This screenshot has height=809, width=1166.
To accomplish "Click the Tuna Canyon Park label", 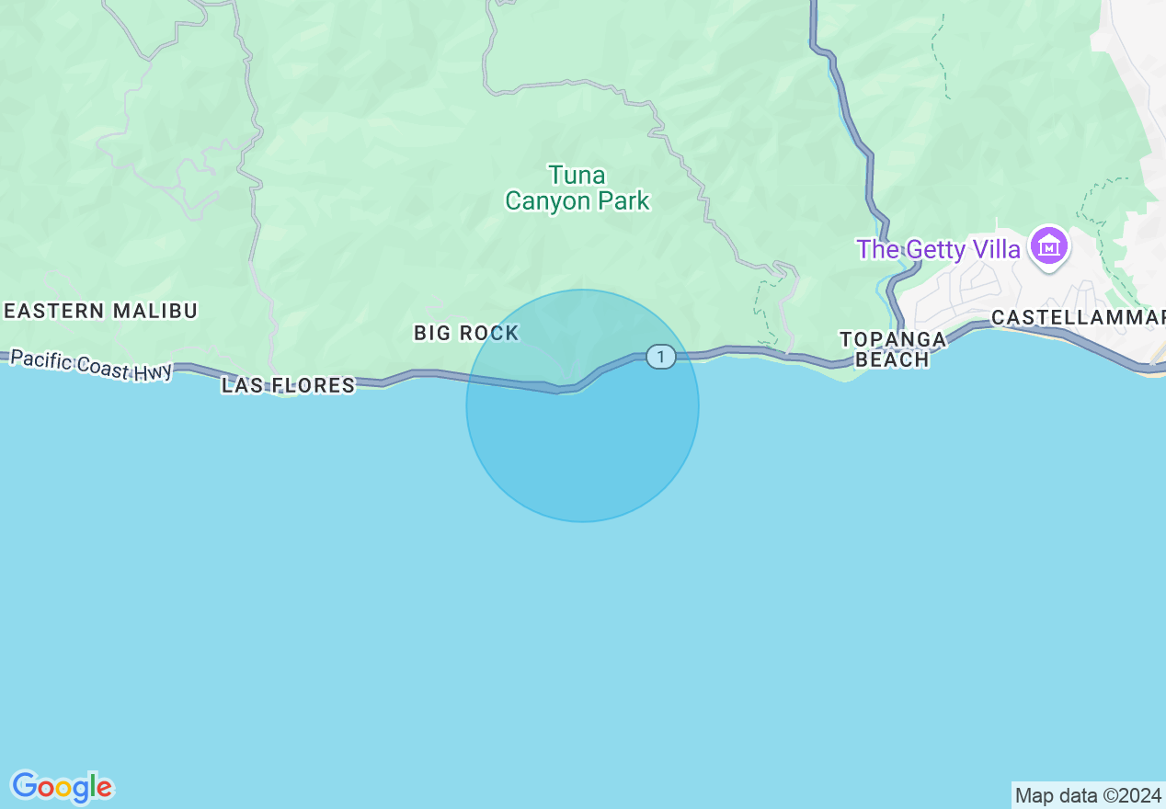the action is [x=577, y=188].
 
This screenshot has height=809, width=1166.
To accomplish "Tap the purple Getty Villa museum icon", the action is [x=1049, y=246].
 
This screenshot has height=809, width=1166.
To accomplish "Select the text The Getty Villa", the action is [x=938, y=249].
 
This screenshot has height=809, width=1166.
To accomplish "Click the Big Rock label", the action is [x=466, y=333].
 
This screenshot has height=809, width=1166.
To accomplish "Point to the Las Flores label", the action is [x=288, y=385].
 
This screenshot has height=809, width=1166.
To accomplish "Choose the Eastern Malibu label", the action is [x=100, y=311].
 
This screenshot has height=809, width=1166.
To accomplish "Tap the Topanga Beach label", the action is [x=892, y=349].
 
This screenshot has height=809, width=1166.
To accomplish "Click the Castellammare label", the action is [x=1077, y=317].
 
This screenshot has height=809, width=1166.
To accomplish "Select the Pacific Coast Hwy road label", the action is [x=91, y=364].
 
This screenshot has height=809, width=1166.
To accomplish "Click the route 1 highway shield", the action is [x=660, y=356].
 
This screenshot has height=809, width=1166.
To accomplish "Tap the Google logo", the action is [x=62, y=787].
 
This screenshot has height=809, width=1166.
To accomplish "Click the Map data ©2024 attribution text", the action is [x=1088, y=795].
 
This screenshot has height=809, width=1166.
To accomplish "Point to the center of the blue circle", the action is [x=582, y=405].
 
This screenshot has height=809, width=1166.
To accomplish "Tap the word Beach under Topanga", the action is [x=892, y=359].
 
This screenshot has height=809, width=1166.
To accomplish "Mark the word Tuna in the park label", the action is [x=577, y=175].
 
